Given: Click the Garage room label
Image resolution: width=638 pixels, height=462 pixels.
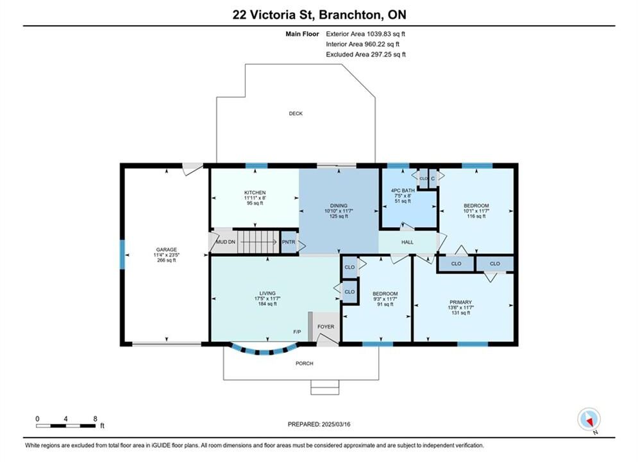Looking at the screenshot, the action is click(x=167, y=250).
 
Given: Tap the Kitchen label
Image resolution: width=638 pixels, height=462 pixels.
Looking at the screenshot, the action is click(x=255, y=193).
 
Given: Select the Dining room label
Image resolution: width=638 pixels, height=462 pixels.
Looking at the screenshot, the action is click(x=339, y=205).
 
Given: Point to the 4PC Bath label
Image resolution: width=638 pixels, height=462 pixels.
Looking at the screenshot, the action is click(x=403, y=191).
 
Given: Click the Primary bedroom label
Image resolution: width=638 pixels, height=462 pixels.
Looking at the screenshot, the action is click(x=460, y=302).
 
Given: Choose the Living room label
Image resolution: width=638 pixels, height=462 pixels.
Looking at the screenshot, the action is click(x=267, y=293).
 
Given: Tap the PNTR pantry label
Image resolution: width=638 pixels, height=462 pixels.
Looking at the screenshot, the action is click(x=289, y=242).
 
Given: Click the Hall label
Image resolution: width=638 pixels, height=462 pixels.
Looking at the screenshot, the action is click(x=407, y=242).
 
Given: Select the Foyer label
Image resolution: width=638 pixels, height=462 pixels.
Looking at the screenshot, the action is click(x=326, y=327).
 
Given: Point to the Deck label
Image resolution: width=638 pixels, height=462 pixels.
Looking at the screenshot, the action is click(x=296, y=114).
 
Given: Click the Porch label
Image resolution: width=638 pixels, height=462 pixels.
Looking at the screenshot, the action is click(x=305, y=363).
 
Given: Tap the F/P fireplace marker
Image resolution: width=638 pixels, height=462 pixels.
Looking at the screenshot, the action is click(x=297, y=332).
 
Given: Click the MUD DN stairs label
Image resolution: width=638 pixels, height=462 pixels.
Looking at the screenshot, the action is click(x=226, y=242).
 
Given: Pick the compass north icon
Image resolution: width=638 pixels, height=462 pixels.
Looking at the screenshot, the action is click(x=589, y=419).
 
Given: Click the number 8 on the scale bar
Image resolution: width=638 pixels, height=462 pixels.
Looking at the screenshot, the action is click(x=95, y=418).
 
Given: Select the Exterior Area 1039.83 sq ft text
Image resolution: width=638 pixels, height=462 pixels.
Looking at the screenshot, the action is click(x=365, y=34).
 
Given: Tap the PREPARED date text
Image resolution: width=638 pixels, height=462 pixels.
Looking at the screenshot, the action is click(x=319, y=424).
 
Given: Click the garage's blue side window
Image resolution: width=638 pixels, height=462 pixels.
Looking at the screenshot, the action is click(x=122, y=254).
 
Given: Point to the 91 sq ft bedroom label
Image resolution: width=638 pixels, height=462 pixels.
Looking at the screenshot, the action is click(x=385, y=305).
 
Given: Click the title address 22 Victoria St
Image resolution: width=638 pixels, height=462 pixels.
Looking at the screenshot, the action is click(x=274, y=15).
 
